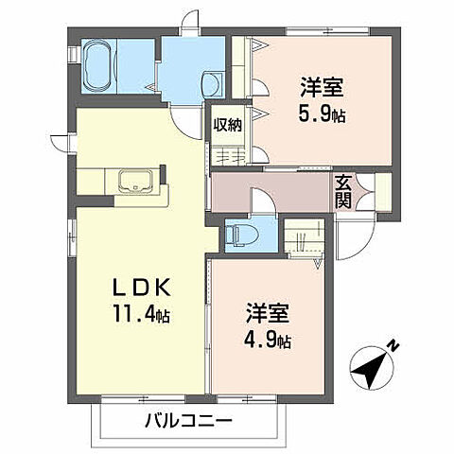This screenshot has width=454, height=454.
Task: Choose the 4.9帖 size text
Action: pos(270,339)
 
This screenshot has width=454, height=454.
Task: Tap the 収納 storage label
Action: pos(227,123)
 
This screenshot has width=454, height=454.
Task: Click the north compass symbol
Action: pos(371,365)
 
